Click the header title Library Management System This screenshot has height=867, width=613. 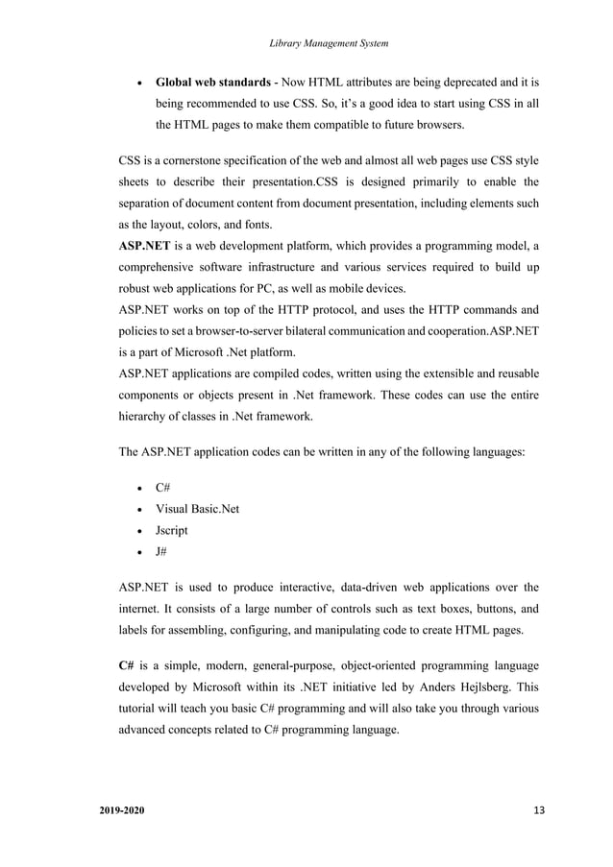(331, 41)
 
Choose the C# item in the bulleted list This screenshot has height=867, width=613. (164, 489)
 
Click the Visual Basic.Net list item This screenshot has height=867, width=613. (197, 509)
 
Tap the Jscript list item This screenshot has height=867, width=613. (173, 530)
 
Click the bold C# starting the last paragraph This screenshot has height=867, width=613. (126, 664)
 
